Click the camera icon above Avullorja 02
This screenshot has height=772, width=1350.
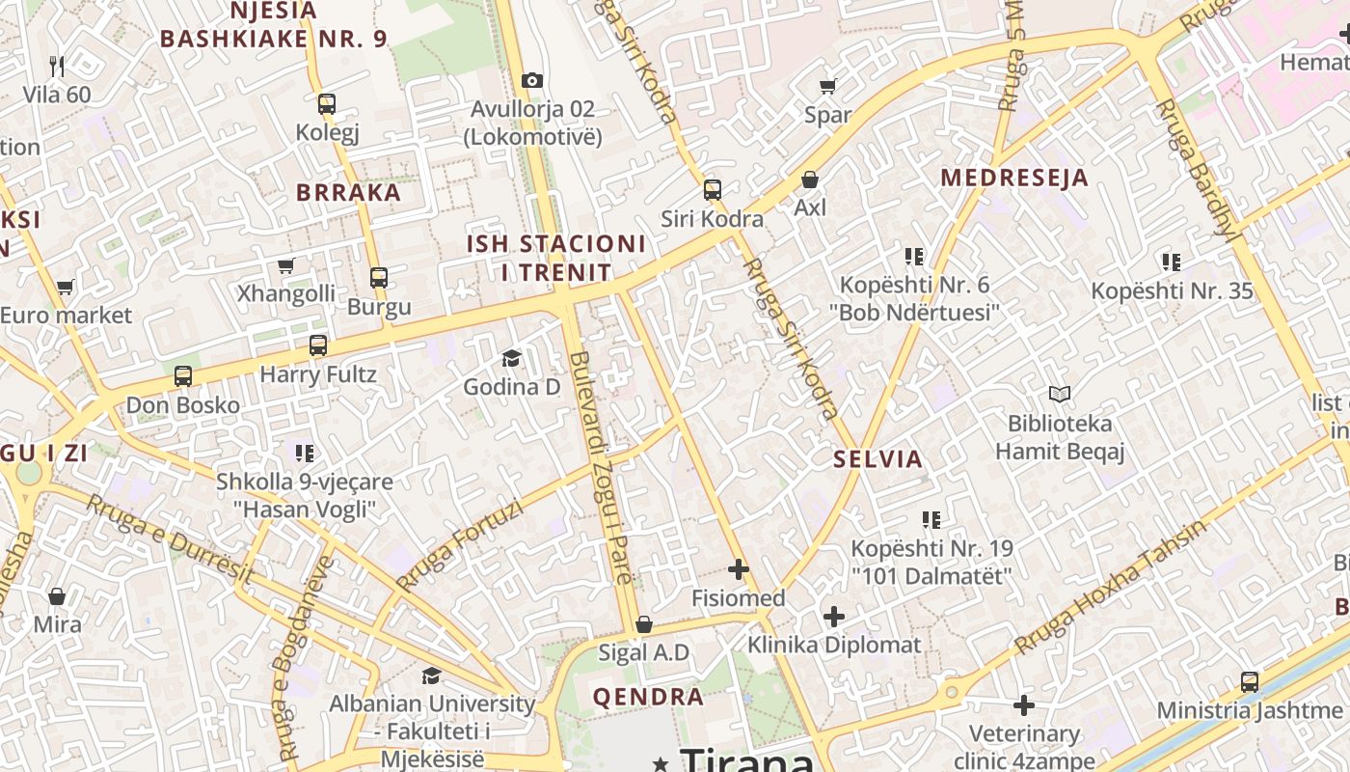click(x=531, y=80)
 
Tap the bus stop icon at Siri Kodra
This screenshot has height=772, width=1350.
click(x=713, y=190)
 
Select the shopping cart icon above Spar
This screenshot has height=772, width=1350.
click(x=827, y=86)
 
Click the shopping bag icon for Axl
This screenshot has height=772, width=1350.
click(x=810, y=179)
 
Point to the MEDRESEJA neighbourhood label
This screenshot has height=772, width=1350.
click(x=1014, y=178)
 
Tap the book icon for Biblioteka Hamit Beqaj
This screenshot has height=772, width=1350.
click(x=1060, y=394)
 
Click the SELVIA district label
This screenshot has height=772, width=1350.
click(x=878, y=458)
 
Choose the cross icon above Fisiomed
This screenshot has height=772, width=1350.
click(x=739, y=569)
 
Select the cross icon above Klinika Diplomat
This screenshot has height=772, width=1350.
click(x=834, y=616)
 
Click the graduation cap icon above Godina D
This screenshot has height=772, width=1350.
click(x=511, y=358)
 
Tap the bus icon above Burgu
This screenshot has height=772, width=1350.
click(x=379, y=278)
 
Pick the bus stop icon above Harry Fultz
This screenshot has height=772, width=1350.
click(x=318, y=345)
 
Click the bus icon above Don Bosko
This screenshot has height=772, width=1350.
click(x=183, y=376)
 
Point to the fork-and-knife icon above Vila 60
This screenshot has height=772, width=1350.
click(x=57, y=66)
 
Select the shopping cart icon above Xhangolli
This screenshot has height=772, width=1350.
click(x=285, y=265)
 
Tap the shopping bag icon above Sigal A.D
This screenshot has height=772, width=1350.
click(x=644, y=624)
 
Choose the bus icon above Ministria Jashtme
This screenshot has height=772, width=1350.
click(x=1250, y=681)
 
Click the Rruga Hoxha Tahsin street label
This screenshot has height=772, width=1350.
click(x=1109, y=587)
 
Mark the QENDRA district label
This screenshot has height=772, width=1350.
click(x=648, y=697)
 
